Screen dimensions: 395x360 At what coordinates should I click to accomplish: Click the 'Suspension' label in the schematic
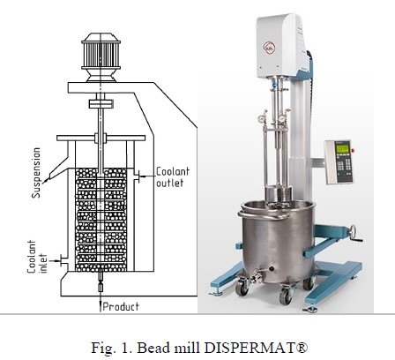(36, 173)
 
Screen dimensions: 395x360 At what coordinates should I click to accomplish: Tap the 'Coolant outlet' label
(173, 177)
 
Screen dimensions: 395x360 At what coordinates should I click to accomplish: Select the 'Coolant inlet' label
(37, 257)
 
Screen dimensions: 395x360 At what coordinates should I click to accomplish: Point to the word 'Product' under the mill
(121, 307)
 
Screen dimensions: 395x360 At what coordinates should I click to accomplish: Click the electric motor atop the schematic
(101, 57)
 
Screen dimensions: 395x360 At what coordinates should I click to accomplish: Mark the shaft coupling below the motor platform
(101, 103)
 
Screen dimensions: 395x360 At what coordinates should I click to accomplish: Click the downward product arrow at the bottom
(101, 302)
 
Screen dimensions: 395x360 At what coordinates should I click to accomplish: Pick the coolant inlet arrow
(55, 260)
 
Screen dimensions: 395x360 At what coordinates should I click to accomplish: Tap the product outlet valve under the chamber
(101, 281)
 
